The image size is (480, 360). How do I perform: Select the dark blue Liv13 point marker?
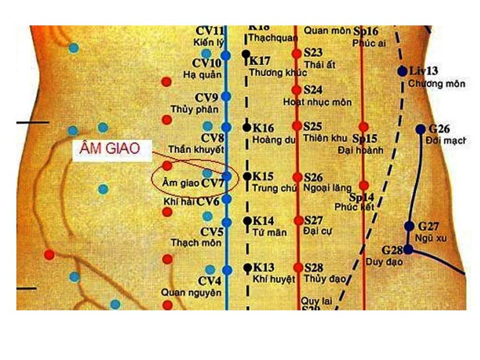[x=402, y=72]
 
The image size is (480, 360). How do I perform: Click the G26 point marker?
[x=420, y=129]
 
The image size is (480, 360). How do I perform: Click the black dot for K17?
[x=246, y=55]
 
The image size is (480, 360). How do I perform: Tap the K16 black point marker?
[x=247, y=128]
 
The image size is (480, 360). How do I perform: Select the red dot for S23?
[x=297, y=54]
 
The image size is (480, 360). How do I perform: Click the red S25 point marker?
[x=297, y=126]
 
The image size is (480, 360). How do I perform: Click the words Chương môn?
[x=437, y=84]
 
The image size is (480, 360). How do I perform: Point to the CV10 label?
[x=207, y=63]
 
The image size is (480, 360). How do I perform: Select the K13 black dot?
[x=247, y=267]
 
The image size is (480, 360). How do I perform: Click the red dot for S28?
[x=298, y=267]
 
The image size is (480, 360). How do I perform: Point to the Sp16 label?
[x=366, y=32]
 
